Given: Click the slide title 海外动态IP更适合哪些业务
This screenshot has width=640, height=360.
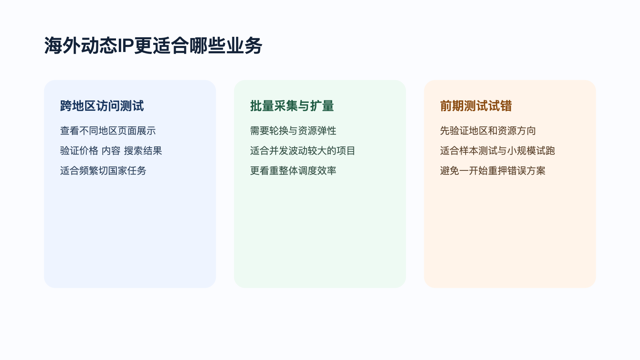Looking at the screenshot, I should (x=153, y=46).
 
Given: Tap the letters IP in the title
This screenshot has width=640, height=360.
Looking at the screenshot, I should (x=125, y=46).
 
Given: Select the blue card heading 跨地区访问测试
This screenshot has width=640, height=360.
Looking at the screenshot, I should (x=102, y=106).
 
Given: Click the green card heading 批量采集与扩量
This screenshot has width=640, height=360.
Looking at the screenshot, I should (x=292, y=106).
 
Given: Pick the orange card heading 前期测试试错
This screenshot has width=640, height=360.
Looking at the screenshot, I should (x=476, y=106).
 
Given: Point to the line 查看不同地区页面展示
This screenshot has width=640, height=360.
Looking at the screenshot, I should (x=108, y=131).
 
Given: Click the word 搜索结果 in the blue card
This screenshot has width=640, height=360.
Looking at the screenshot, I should (x=143, y=151).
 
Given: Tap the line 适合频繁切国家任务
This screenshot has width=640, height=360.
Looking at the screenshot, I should (x=103, y=171).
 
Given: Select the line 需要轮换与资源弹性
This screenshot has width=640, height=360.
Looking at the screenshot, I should (x=293, y=131).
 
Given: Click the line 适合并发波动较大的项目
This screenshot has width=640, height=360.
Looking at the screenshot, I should (x=303, y=151).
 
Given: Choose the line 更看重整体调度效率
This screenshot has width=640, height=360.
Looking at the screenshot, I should (x=293, y=171).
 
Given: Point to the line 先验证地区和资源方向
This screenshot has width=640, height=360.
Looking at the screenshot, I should (x=488, y=131).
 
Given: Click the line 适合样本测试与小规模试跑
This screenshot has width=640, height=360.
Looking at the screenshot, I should (x=498, y=151).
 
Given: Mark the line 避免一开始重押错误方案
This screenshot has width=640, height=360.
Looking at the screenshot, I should (x=493, y=171).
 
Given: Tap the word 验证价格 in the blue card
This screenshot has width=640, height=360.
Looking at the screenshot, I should (x=79, y=151).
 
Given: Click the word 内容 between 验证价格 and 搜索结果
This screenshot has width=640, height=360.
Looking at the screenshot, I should (x=111, y=151).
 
